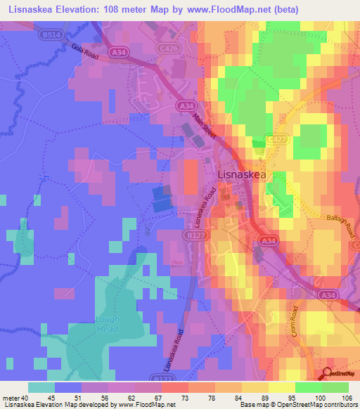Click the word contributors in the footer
[339, 404]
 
